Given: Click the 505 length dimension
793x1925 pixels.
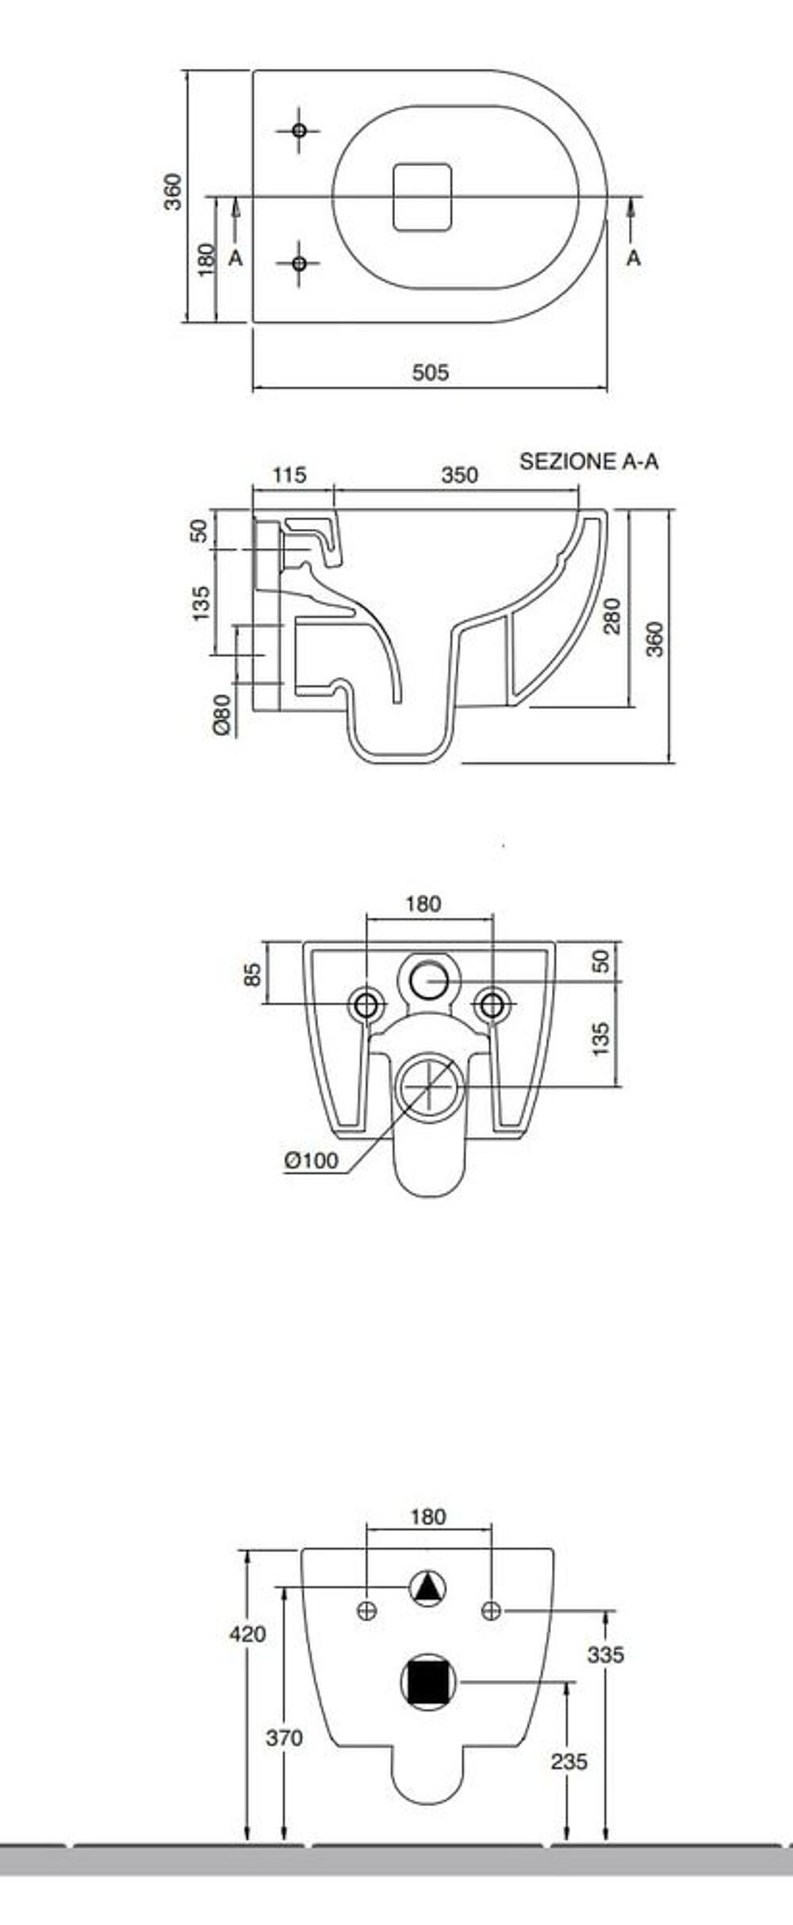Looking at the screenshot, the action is [x=431, y=372].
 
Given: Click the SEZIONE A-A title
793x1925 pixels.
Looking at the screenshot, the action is [x=588, y=462].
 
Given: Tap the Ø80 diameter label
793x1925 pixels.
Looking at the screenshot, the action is [x=223, y=715].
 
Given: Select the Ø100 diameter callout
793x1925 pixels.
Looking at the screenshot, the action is [x=312, y=1161].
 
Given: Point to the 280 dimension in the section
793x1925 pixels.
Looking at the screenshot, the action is [x=613, y=616].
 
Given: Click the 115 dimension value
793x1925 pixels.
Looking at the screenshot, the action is [x=289, y=475].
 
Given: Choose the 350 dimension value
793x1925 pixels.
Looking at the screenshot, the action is [x=460, y=475].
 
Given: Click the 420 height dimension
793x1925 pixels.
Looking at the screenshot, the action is [x=247, y=1635].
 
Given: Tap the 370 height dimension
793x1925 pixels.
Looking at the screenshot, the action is [x=284, y=1739].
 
